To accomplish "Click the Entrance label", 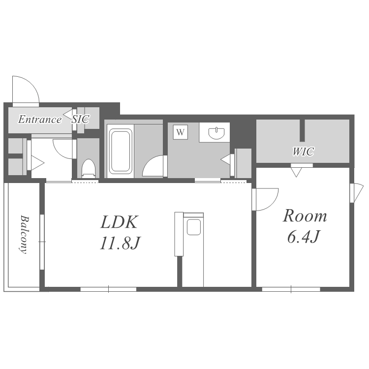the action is [x=40, y=120].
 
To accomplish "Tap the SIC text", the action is [x=81, y=120].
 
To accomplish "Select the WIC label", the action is [x=303, y=152].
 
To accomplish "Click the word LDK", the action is [x=119, y=222].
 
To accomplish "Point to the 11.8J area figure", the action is [x=120, y=243].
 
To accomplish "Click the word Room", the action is [x=305, y=216].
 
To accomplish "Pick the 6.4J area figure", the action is [x=304, y=237].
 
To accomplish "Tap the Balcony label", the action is [x=24, y=234].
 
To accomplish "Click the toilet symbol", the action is [x=89, y=168].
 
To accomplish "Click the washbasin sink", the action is [x=216, y=133].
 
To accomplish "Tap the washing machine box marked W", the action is [x=180, y=132].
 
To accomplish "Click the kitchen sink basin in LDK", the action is [x=194, y=227].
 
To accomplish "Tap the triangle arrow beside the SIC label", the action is [x=67, y=115].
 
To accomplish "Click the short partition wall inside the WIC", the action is [x=302, y=130].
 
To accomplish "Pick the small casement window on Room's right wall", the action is [x=354, y=193].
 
